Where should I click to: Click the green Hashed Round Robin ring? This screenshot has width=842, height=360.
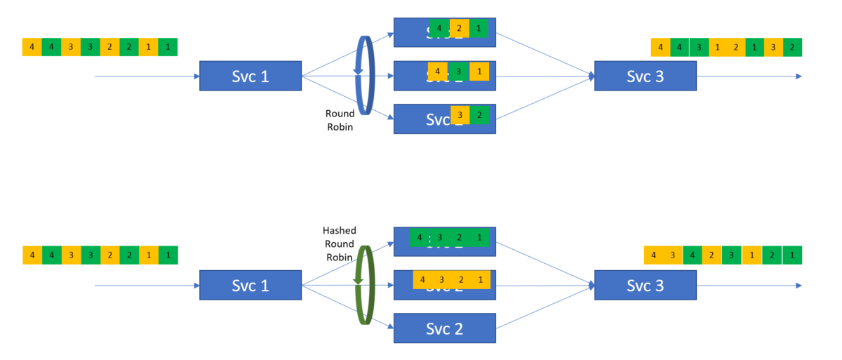tap(365, 284)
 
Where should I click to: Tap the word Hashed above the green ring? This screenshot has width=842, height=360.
tap(339, 230)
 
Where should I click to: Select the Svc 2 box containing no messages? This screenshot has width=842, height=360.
tap(444, 328)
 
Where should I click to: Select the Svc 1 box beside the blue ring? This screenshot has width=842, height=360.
tap(250, 76)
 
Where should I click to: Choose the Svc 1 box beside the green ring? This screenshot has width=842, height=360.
tap(250, 286)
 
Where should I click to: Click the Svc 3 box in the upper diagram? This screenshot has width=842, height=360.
tap(645, 76)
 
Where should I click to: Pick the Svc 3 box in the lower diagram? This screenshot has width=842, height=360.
tap(645, 286)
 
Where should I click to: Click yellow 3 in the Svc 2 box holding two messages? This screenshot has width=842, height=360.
tap(460, 115)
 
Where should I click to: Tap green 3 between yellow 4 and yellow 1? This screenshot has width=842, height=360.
tap(458, 72)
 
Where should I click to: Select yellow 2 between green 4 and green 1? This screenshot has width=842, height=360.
tap(459, 29)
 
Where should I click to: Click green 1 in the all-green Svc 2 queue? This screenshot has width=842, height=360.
tap(479, 237)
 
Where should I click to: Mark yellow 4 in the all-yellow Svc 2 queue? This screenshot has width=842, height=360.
tap(422, 279)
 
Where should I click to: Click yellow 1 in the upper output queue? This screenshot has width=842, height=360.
tap(717, 48)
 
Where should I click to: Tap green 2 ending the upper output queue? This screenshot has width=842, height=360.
tap(792, 48)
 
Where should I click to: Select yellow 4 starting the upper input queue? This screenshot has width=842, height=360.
tap(32, 47)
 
